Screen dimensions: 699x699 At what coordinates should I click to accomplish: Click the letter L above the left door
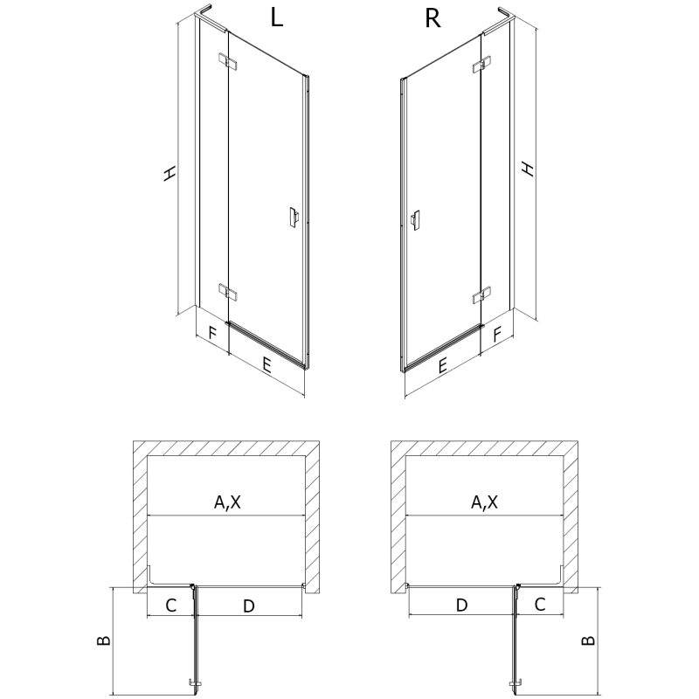276,19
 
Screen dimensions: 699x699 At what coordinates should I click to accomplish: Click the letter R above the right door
432,19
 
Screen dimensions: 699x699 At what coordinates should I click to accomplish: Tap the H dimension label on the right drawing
527,168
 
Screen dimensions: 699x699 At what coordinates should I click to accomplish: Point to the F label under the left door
211,333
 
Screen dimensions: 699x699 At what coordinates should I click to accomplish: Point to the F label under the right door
497,333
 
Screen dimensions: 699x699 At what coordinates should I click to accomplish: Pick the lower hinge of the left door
227,291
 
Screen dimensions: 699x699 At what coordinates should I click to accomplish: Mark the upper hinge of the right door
480,66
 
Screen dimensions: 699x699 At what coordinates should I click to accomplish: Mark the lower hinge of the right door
480,295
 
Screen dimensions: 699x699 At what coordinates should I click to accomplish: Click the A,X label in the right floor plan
485,502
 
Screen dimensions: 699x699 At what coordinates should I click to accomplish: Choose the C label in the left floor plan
171,605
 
